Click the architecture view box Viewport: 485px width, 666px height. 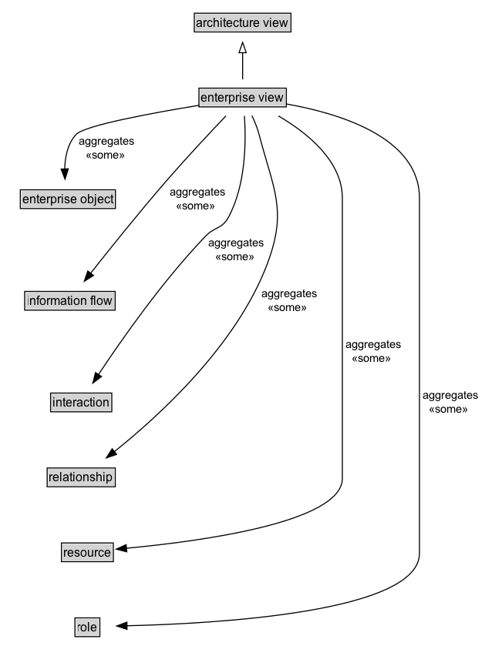tap(242, 23)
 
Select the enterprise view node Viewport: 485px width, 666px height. tap(242, 97)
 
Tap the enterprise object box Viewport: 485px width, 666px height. tap(67, 199)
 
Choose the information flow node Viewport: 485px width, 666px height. tap(69, 300)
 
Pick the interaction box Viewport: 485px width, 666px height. tap(81, 402)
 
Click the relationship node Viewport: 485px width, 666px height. tap(80, 477)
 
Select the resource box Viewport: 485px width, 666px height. tap(87, 552)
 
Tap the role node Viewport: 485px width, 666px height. tap(87, 627)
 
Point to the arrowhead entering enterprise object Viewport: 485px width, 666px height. tap(65, 175)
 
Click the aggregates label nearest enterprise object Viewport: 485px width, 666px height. tap(106, 142)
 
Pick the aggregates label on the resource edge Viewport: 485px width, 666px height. tap(372, 345)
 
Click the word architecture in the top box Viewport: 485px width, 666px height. tap(225, 23)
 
